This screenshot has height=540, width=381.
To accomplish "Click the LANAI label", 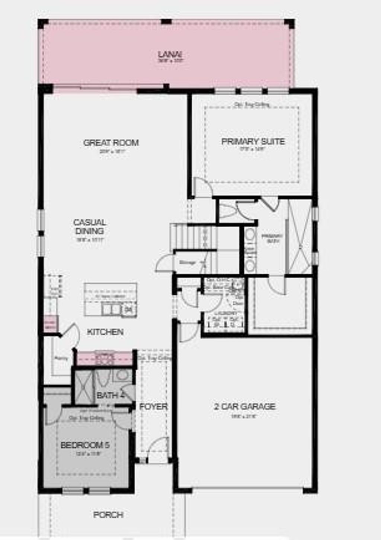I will pos(170,55).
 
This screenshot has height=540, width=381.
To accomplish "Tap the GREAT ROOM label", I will pos(111,142).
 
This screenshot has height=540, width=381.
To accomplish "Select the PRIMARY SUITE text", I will pos(253,141).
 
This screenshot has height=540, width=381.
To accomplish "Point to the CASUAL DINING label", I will pos(89,226).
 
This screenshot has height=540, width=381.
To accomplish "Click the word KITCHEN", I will pos(105,332).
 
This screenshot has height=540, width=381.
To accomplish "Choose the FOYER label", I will pos(153,406).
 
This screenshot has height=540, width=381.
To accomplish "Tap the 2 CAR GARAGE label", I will pos(244,406).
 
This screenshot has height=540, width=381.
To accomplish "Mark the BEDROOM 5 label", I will pos(85,445).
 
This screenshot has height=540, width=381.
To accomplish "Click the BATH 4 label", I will pos(110,395).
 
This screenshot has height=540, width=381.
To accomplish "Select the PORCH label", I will pos(108,515).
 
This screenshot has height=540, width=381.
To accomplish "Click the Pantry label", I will pos(61,359).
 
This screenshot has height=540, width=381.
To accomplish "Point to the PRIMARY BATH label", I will pos(272,238).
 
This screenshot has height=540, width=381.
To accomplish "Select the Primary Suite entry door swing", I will pos(203,187).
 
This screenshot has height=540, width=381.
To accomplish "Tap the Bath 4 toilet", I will pos(103,379).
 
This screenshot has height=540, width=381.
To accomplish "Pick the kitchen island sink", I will pos(111,309).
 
